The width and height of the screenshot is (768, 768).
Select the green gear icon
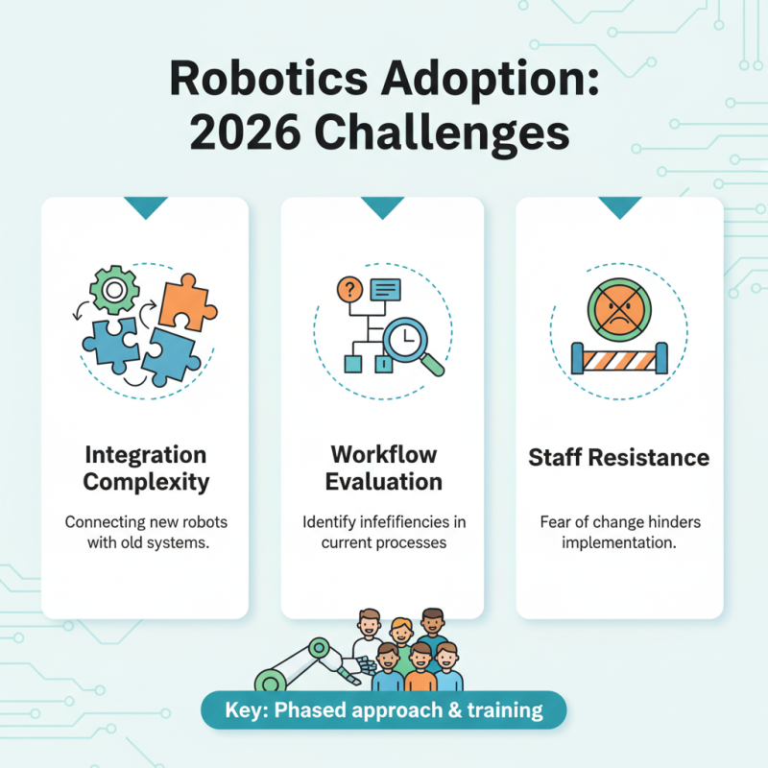click(x=114, y=287)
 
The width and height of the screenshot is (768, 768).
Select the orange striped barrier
click(x=619, y=359)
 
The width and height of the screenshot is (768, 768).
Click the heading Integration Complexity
click(x=145, y=468)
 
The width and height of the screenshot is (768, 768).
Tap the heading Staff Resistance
click(x=619, y=457)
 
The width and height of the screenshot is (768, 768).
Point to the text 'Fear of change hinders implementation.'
click(x=619, y=533)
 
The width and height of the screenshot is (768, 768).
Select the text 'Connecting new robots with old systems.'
click(x=145, y=533)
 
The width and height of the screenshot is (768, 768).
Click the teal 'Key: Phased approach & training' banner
click(x=384, y=711)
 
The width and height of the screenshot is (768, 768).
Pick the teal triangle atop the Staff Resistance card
click(x=619, y=206)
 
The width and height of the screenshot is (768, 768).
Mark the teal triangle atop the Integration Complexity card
click(x=145, y=206)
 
